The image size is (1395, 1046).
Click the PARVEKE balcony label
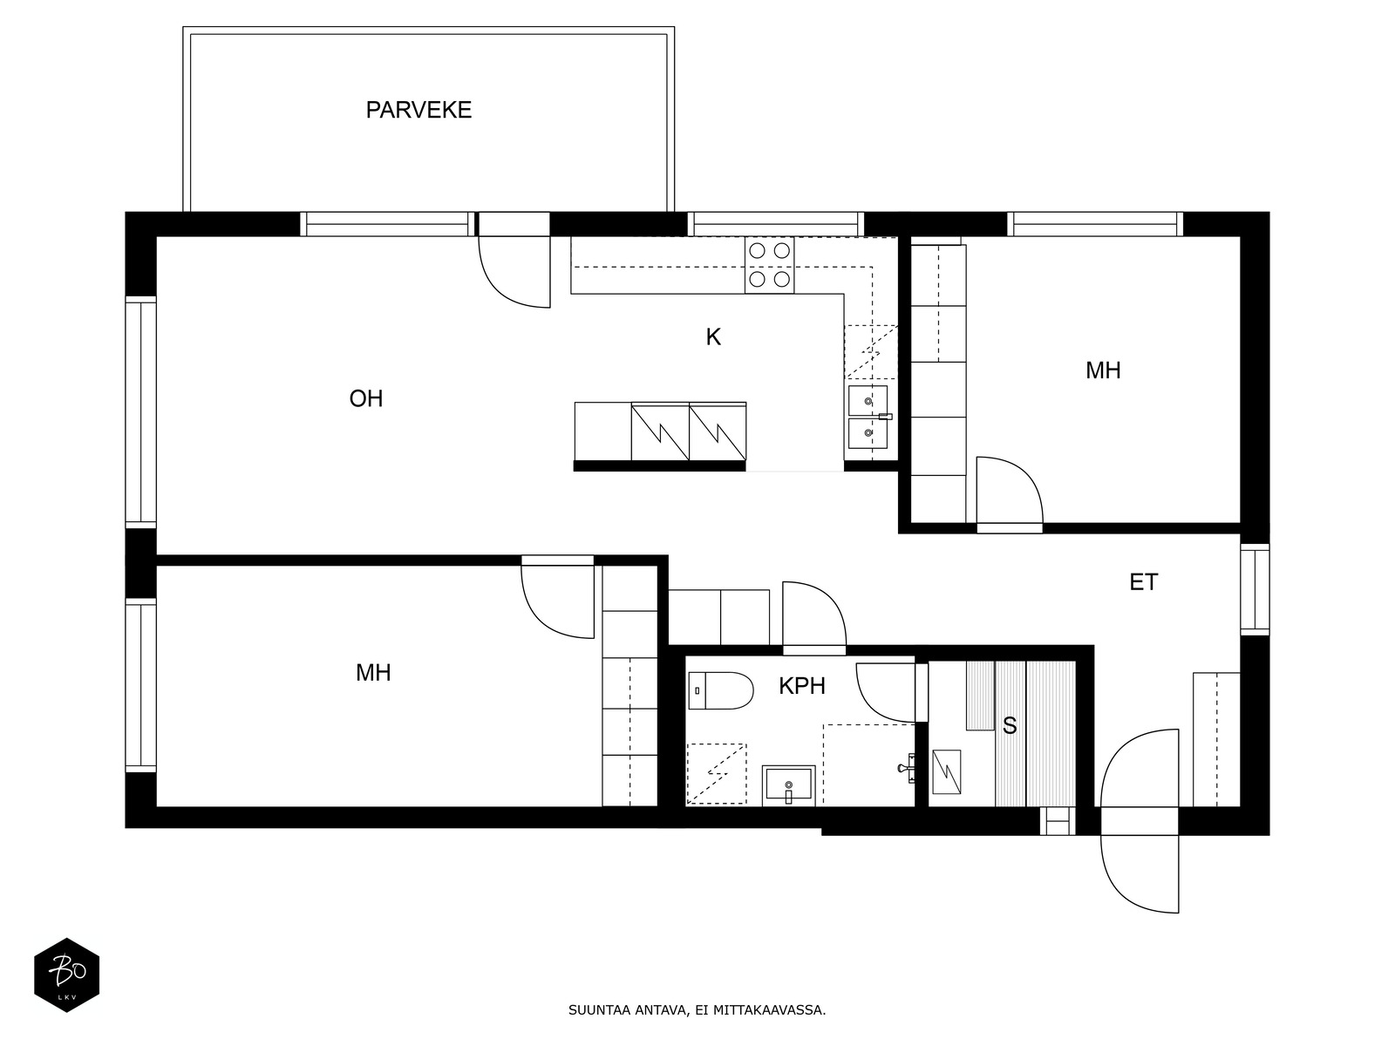click(x=418, y=110)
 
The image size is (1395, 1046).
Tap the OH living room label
click(x=366, y=399)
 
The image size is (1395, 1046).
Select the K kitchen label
click(x=713, y=337)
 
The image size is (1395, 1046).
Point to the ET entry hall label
click(x=1143, y=582)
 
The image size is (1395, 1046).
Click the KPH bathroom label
click(x=801, y=686)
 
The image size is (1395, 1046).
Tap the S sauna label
click(x=1010, y=726)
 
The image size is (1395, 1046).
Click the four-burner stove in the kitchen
click(x=769, y=265)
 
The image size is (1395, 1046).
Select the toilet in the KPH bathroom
click(x=721, y=691)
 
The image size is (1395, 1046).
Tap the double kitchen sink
click(x=868, y=417)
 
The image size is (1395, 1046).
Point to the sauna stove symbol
click(x=946, y=771)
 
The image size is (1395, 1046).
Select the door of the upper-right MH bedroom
click(x=1009, y=492)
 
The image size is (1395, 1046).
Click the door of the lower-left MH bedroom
click(x=557, y=601)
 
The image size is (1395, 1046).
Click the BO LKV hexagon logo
click(x=66, y=975)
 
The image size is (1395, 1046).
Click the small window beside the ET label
click(x=1255, y=588)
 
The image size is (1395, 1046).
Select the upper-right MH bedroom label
click(x=1102, y=370)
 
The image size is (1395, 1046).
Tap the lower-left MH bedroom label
click(x=373, y=673)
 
